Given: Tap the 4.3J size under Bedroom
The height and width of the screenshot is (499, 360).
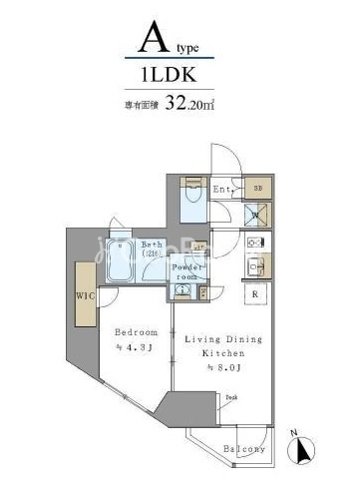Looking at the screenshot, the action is (135, 346).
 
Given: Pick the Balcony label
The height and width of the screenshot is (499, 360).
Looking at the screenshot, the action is (244, 449).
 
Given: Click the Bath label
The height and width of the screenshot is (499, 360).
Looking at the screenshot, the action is (151, 246).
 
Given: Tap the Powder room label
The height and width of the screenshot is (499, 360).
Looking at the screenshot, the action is (186, 272).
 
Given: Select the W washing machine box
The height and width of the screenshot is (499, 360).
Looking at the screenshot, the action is (255, 215).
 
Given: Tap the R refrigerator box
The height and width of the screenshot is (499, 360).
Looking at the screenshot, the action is (256, 294).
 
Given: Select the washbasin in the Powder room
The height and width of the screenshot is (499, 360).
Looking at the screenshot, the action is (182, 290).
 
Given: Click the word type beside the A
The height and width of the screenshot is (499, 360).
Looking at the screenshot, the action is (186, 47).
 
